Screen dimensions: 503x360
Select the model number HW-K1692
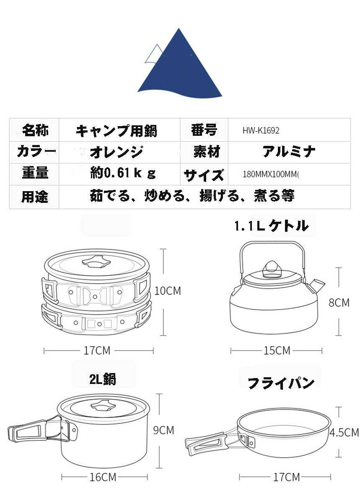261,130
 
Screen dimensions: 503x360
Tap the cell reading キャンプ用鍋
117,131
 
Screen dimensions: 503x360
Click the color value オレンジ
117,152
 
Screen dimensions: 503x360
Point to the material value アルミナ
289,152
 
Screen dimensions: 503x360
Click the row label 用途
35,196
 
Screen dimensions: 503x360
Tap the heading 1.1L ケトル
271,226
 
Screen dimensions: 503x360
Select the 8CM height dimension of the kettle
339,302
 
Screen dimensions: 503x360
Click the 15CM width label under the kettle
277,350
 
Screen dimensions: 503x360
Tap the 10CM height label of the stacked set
168,290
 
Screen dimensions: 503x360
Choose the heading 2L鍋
103,379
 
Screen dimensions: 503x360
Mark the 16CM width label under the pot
103,477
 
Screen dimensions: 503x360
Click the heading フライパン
281,383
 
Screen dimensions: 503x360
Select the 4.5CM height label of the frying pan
344,432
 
